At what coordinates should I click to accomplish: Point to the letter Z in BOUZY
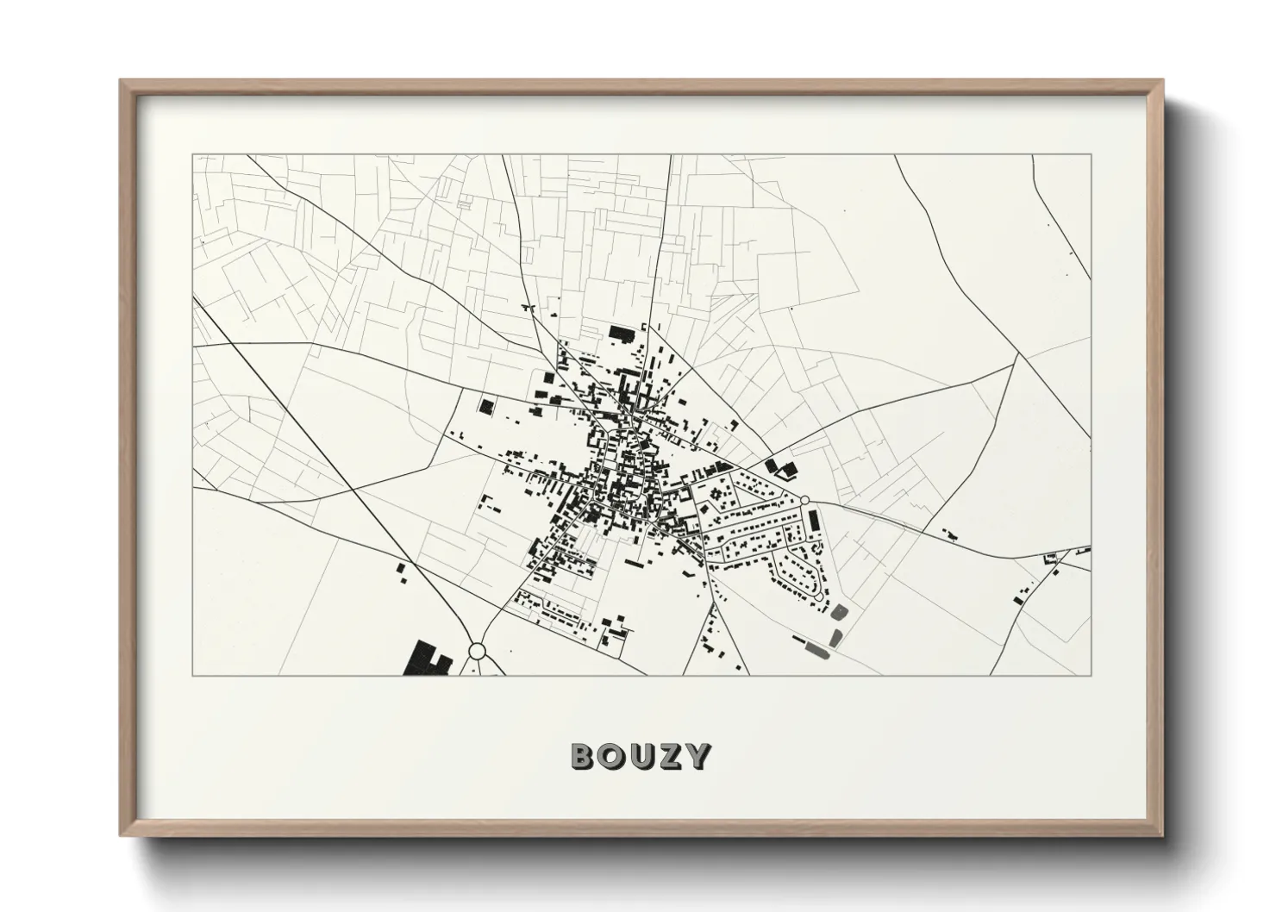[668, 756]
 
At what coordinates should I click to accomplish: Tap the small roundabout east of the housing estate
[804, 500]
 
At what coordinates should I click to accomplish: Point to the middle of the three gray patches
[835, 638]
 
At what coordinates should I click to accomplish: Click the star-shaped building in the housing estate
[716, 496]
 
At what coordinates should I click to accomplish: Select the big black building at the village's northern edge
[621, 332]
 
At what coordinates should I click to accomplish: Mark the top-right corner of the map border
[1091, 155]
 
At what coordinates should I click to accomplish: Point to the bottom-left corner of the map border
[192, 675]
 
